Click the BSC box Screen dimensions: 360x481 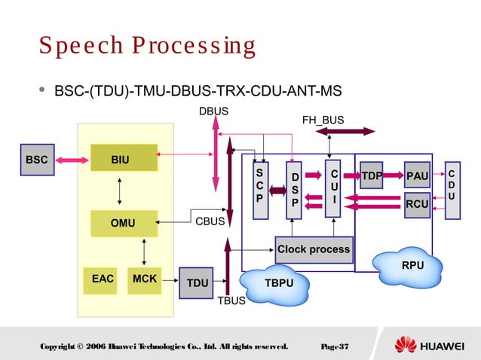[x=37, y=160]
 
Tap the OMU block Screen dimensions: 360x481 [x=124, y=223]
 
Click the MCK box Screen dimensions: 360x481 [x=144, y=280]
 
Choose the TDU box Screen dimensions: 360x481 [x=197, y=282]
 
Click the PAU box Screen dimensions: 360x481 [x=417, y=176]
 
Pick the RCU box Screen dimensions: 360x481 [x=417, y=204]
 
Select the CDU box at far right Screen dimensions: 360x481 [x=452, y=190]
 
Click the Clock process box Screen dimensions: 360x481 [x=314, y=249]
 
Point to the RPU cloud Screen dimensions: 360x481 [x=412, y=265]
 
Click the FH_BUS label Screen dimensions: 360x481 [x=323, y=120]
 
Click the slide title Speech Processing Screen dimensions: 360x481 [x=148, y=46]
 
